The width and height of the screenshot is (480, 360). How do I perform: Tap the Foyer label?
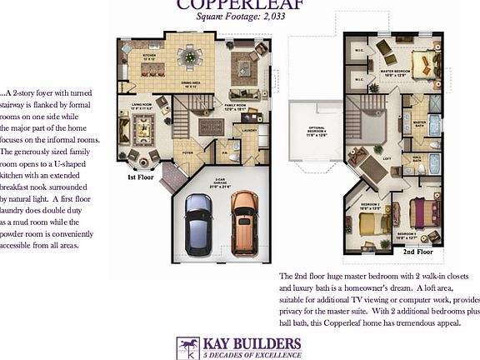click(188, 152)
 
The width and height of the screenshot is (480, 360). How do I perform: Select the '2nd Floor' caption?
click(418, 250)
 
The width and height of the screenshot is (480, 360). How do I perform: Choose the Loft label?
click(362, 157)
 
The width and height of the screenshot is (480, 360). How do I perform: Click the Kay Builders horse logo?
click(187, 347)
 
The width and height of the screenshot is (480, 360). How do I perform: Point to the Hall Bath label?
click(415, 157)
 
